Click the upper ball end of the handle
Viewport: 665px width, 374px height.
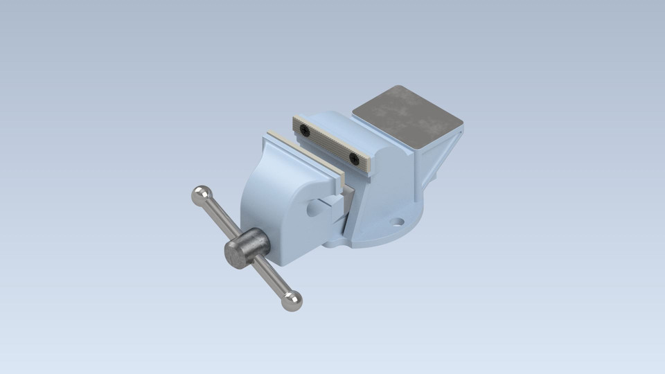[x=201, y=194]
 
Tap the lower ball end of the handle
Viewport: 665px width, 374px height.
[x=292, y=300]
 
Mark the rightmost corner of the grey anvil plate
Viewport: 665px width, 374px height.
[x=462, y=125]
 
